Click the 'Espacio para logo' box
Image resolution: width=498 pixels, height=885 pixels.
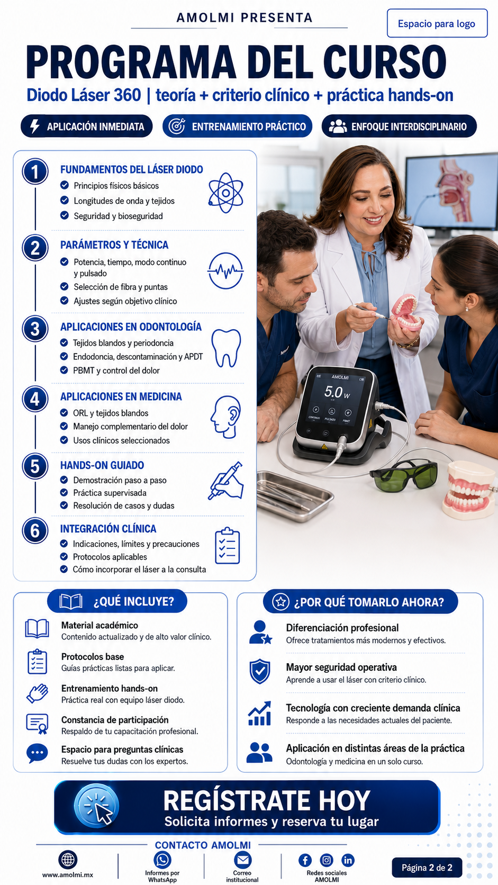(x=437, y=23)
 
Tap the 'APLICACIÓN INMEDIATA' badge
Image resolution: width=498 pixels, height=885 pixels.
(x=86, y=127)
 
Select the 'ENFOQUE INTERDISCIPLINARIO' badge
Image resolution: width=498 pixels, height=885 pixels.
(x=399, y=127)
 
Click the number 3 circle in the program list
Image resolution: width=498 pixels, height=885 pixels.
(x=35, y=329)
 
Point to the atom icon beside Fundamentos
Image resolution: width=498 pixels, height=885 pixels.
(x=225, y=193)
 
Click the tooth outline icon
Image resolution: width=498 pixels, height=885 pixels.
(x=227, y=348)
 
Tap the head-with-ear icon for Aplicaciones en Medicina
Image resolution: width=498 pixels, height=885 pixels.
(x=225, y=417)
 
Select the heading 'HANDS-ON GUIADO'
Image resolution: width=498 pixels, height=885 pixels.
(x=102, y=465)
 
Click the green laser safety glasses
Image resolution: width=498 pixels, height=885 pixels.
(x=404, y=474)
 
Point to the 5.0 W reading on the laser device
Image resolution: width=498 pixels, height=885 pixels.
(x=337, y=392)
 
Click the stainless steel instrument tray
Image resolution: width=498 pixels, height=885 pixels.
(x=294, y=496)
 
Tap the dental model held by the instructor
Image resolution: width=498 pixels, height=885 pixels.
(x=406, y=313)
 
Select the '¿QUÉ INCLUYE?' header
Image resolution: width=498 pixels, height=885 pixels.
(x=117, y=601)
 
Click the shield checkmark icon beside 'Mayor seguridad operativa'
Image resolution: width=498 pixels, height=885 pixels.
(x=260, y=672)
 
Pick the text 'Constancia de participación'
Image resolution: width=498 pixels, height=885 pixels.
(x=115, y=720)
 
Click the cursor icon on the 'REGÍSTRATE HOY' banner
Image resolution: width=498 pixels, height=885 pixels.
(x=96, y=806)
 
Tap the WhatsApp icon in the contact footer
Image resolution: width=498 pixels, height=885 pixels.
(x=162, y=860)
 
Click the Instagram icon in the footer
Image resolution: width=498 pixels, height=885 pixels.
(x=327, y=860)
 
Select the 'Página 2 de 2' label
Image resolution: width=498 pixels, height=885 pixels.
(x=427, y=868)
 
